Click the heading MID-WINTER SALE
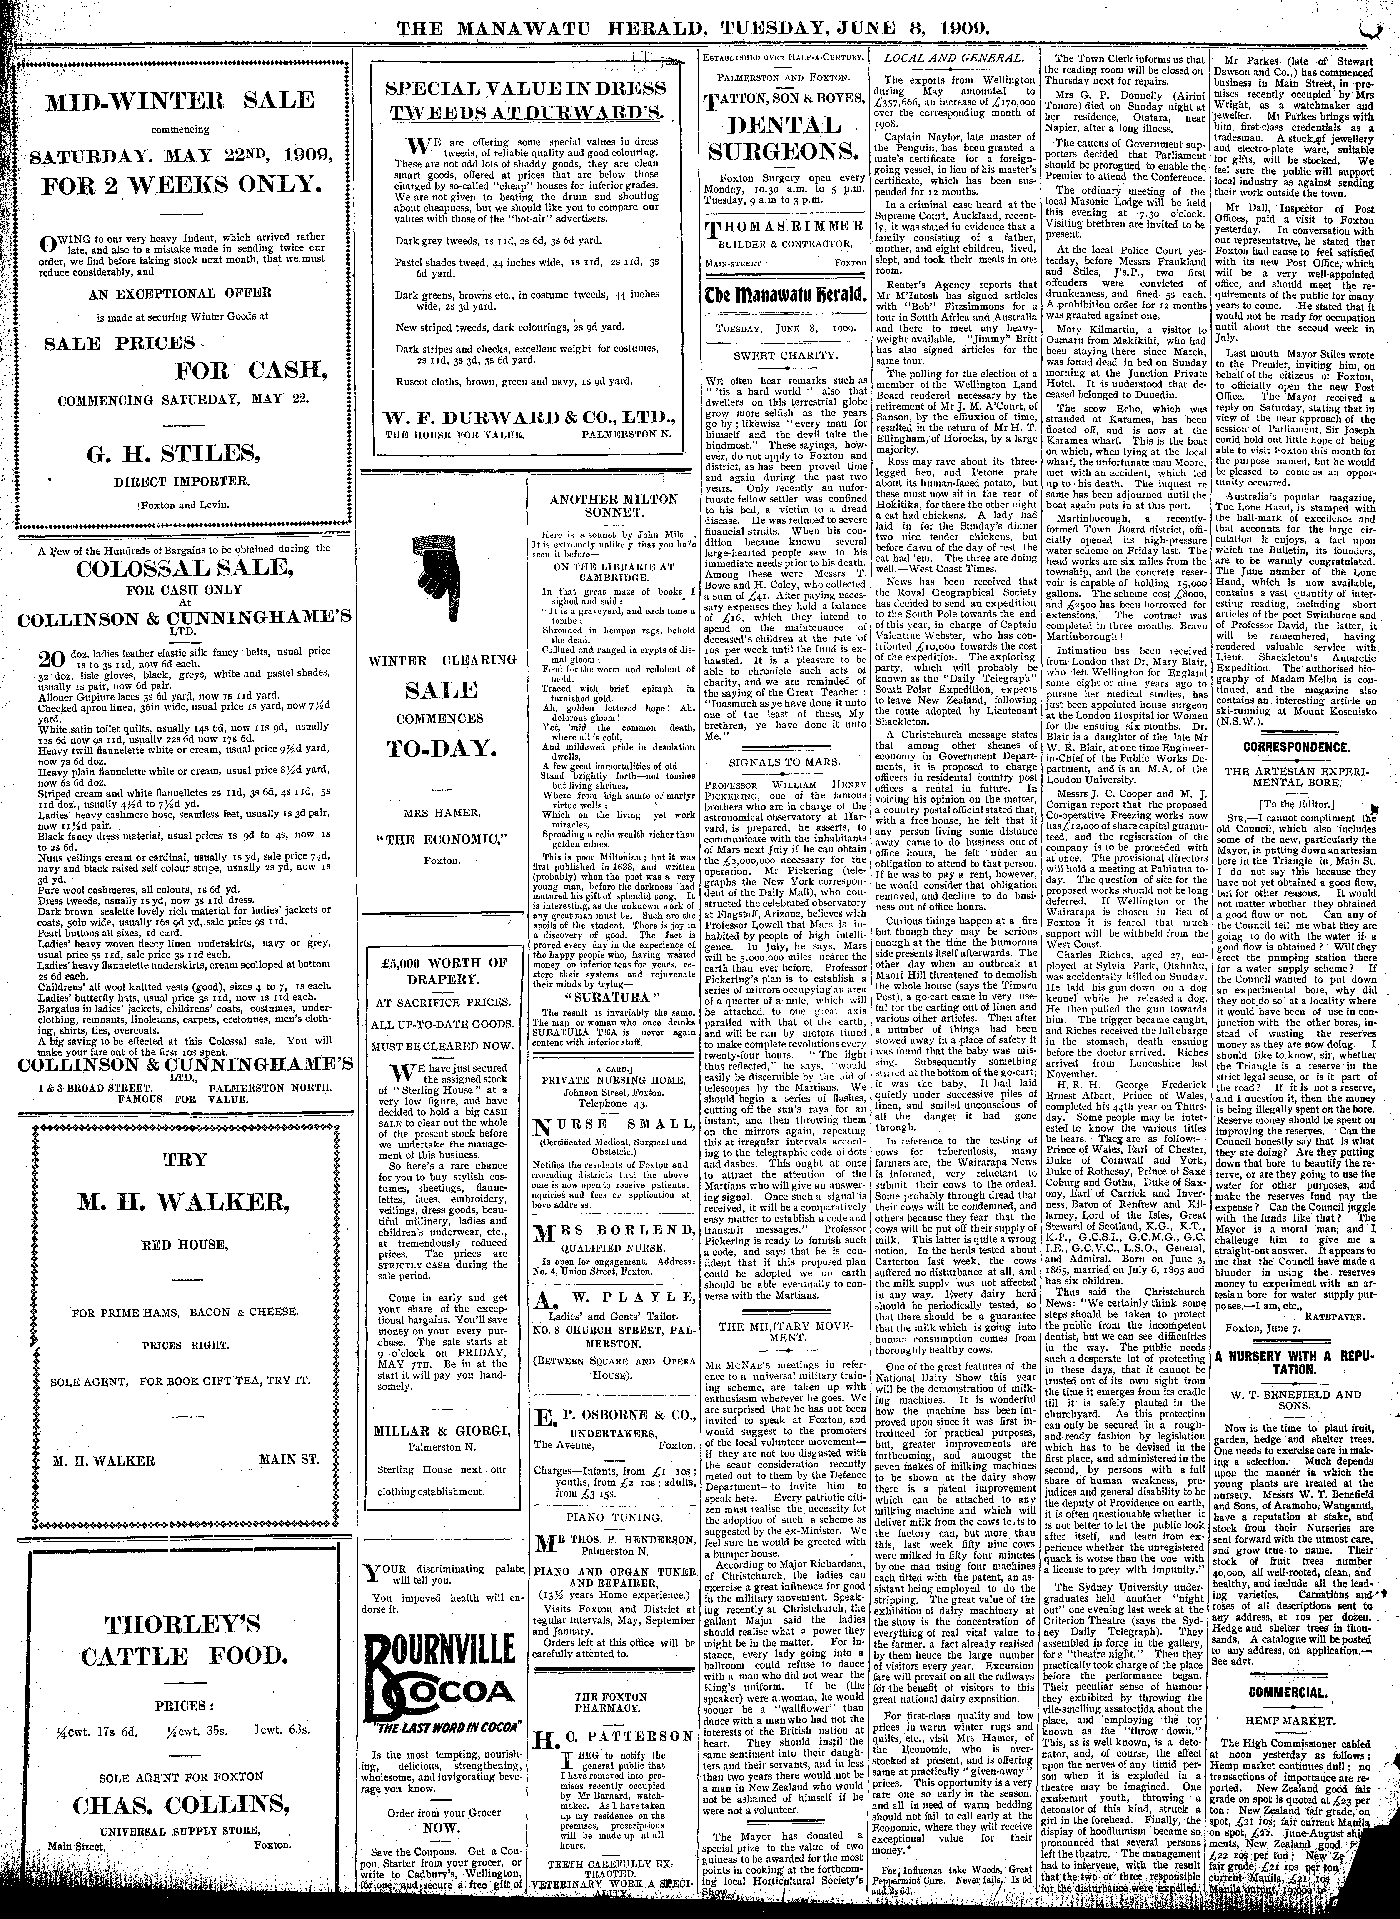180,100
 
